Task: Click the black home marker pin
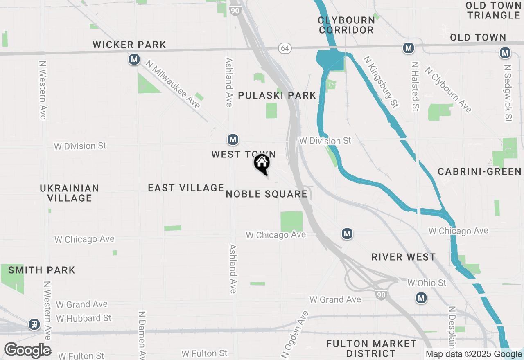262,164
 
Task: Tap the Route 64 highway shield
285,48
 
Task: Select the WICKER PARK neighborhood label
129,45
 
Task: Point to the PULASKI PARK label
277,96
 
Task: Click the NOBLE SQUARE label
267,194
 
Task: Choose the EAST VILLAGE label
186,188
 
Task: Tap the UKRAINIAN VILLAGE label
70,193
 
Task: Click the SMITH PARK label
42,270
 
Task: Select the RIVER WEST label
403,257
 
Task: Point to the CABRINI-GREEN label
480,171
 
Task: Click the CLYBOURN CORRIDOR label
346,25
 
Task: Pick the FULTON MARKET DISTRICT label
371,348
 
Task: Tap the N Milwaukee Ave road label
173,85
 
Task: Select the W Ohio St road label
427,283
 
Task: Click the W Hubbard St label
84,318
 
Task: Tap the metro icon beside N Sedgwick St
505,53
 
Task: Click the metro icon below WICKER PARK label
134,60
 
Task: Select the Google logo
28,351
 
